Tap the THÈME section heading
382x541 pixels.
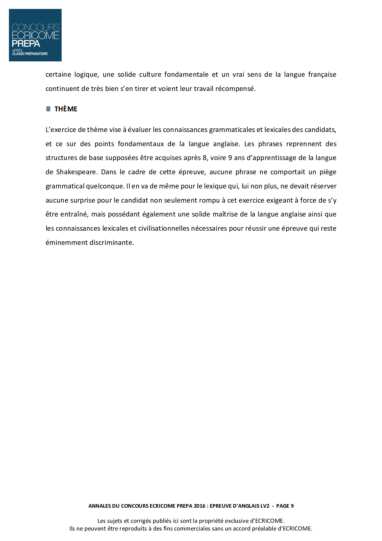click(66, 109)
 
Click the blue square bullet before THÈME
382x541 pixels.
click(48, 109)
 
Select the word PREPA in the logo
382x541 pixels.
click(26, 43)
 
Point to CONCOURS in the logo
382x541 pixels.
click(35, 28)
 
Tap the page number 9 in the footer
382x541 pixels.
click(292, 506)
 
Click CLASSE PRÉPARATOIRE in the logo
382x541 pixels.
click(30, 54)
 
